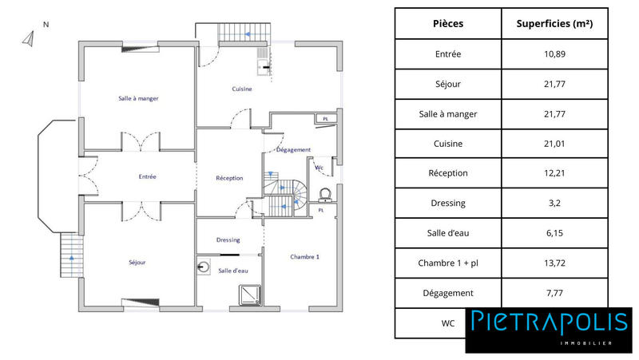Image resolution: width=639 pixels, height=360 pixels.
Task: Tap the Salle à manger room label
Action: click(137, 98)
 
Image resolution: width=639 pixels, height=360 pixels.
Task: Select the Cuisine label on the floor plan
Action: click(242, 89)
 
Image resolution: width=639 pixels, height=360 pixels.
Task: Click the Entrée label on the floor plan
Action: click(147, 176)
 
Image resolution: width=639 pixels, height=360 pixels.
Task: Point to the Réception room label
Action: click(229, 177)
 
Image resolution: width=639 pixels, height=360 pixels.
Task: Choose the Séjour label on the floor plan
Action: click(137, 262)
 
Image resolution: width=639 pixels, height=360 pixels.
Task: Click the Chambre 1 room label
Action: click(304, 256)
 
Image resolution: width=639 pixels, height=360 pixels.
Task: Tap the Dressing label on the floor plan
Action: click(228, 239)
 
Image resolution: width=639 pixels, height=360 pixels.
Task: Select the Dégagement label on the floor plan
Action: click(293, 150)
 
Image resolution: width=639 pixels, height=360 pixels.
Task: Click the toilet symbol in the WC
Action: click(325, 194)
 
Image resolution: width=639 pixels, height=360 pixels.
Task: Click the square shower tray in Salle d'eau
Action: click(252, 295)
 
